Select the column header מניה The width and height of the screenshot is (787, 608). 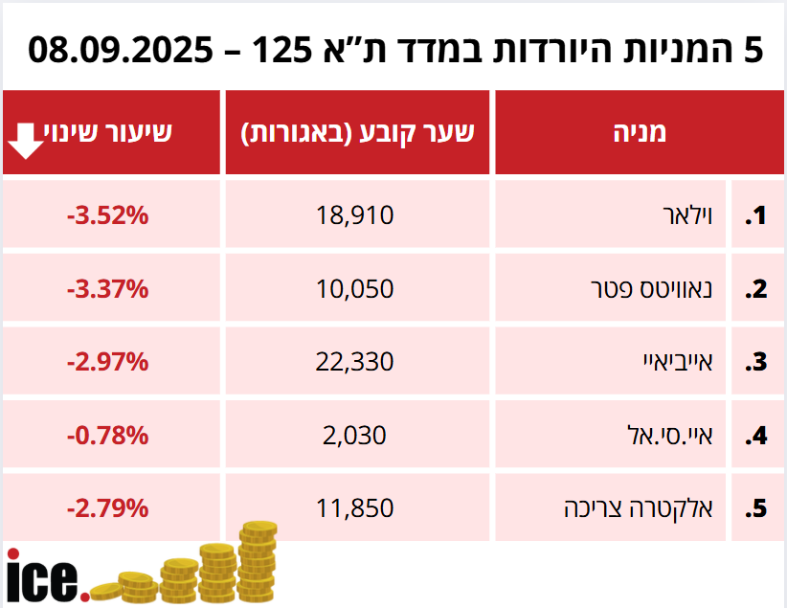pyautogui.click(x=639, y=133)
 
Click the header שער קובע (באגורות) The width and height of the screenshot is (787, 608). pyautogui.click(x=357, y=133)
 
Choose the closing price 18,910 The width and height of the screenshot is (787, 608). pyautogui.click(x=354, y=216)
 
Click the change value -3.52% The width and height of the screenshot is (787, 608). pyautogui.click(x=107, y=216)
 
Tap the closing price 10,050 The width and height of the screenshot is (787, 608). pyautogui.click(x=354, y=289)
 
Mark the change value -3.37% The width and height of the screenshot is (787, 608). pyautogui.click(x=107, y=289)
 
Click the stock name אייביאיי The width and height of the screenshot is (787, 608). pyautogui.click(x=676, y=362)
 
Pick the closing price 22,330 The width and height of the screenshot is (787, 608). pyautogui.click(x=354, y=362)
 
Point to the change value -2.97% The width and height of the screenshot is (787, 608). pyautogui.click(x=107, y=362)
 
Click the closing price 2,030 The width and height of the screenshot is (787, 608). pyautogui.click(x=354, y=436)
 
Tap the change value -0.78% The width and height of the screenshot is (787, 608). pyautogui.click(x=107, y=436)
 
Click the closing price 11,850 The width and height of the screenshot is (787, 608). pyautogui.click(x=354, y=508)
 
